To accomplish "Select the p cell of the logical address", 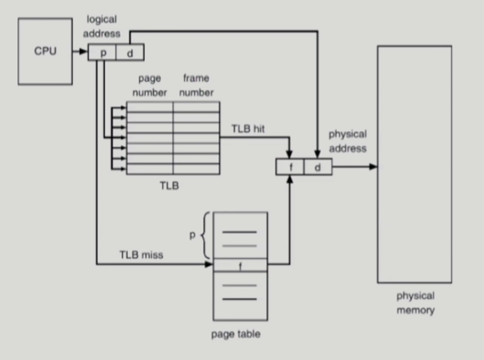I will coord(102,53).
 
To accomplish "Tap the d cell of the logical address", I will coord(130,53).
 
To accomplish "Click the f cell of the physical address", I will coord(290,167).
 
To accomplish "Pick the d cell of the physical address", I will coord(317,167).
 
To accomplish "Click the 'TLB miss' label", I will coord(140,255).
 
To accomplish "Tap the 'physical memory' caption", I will coord(415,303).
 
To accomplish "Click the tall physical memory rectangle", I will coord(414,164).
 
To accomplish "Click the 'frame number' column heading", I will coord(196,85).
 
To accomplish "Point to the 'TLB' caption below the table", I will coord(169,186).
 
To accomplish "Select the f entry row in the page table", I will coord(241,264).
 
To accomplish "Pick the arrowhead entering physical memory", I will coord(374,167).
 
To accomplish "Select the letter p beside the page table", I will coord(192,236).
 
